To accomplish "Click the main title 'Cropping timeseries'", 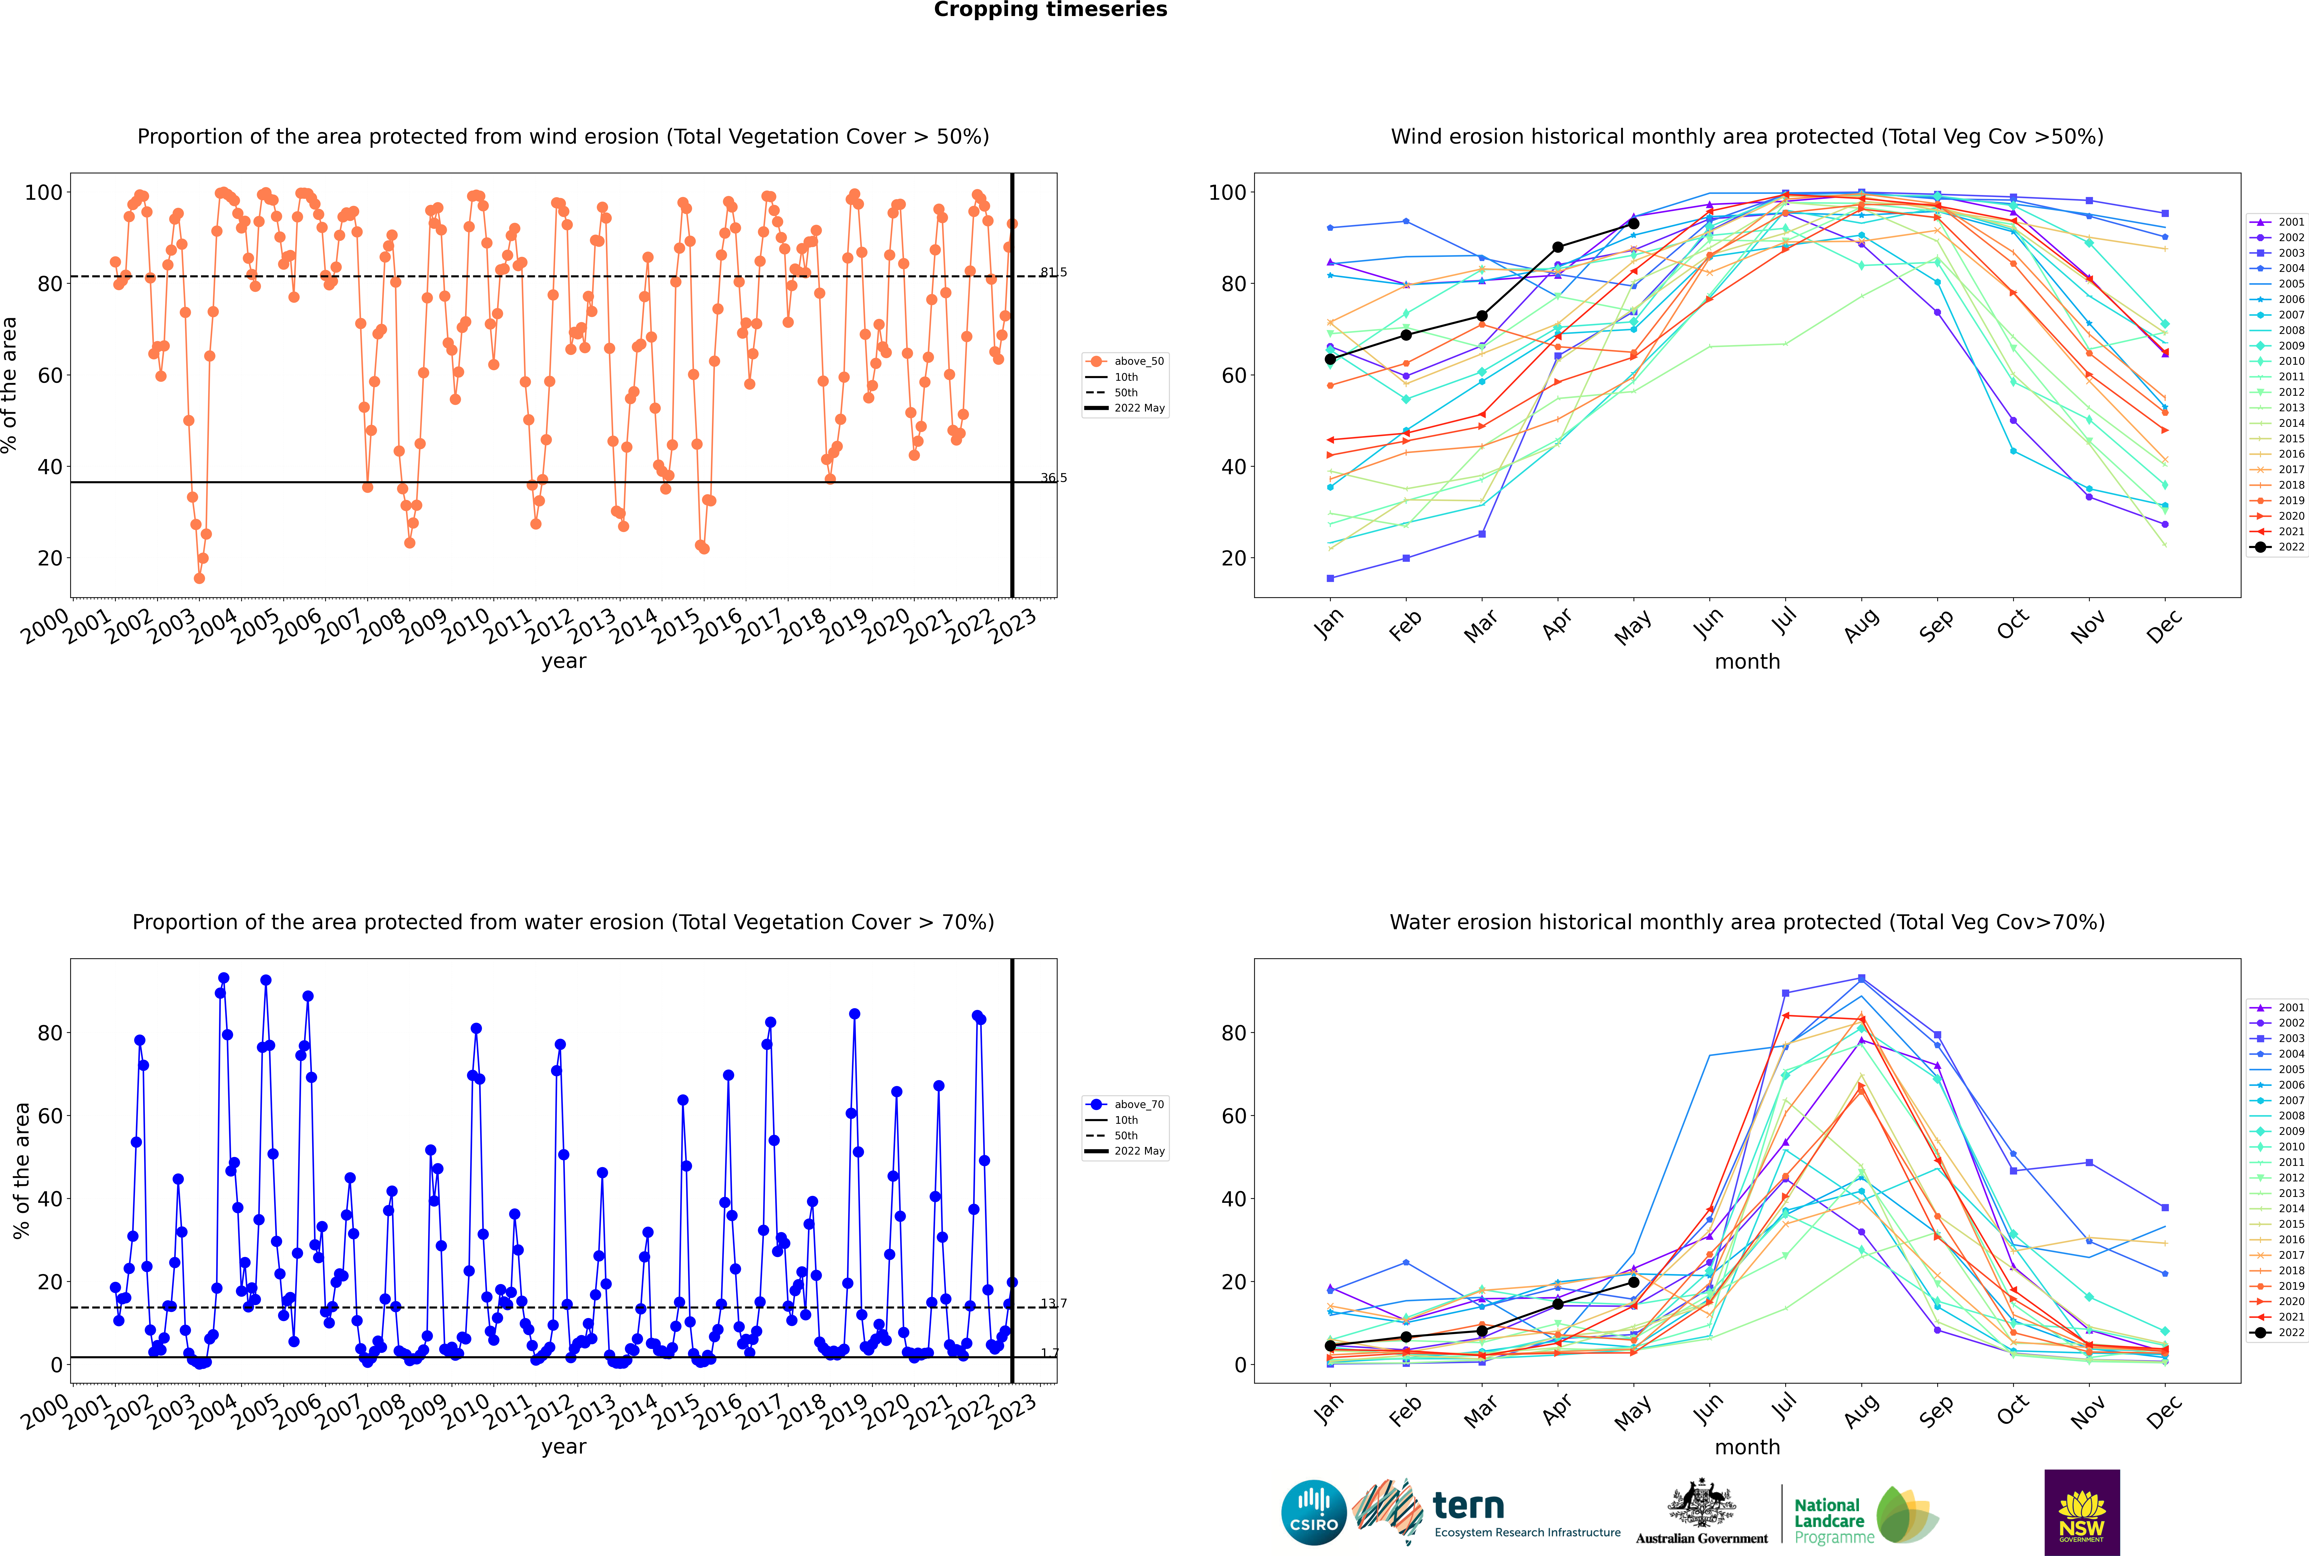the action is [1050, 10].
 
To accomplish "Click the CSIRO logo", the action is [1313, 1512].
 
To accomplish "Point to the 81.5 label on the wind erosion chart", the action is [1053, 272].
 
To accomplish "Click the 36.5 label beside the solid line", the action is [1053, 478].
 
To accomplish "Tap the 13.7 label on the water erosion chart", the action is [1053, 1303].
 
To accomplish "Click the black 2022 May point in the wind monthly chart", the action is [1633, 223].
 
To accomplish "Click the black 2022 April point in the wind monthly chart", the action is [1558, 247].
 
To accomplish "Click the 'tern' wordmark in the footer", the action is [1468, 1506].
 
